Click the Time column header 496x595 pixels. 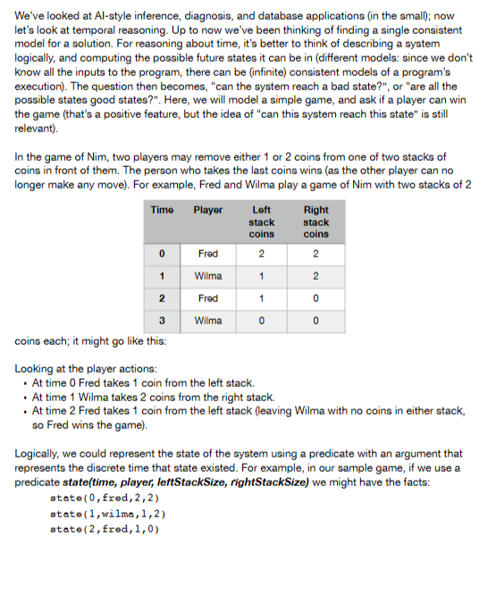click(162, 210)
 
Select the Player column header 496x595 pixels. click(207, 210)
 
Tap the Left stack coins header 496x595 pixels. click(261, 222)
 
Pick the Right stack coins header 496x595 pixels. click(315, 222)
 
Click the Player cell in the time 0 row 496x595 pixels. click(207, 253)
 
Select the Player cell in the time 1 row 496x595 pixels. click(207, 274)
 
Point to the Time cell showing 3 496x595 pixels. click(162, 319)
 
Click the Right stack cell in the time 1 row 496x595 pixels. click(315, 274)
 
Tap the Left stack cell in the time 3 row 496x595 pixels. click(261, 319)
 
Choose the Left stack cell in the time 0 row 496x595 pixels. click(261, 253)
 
